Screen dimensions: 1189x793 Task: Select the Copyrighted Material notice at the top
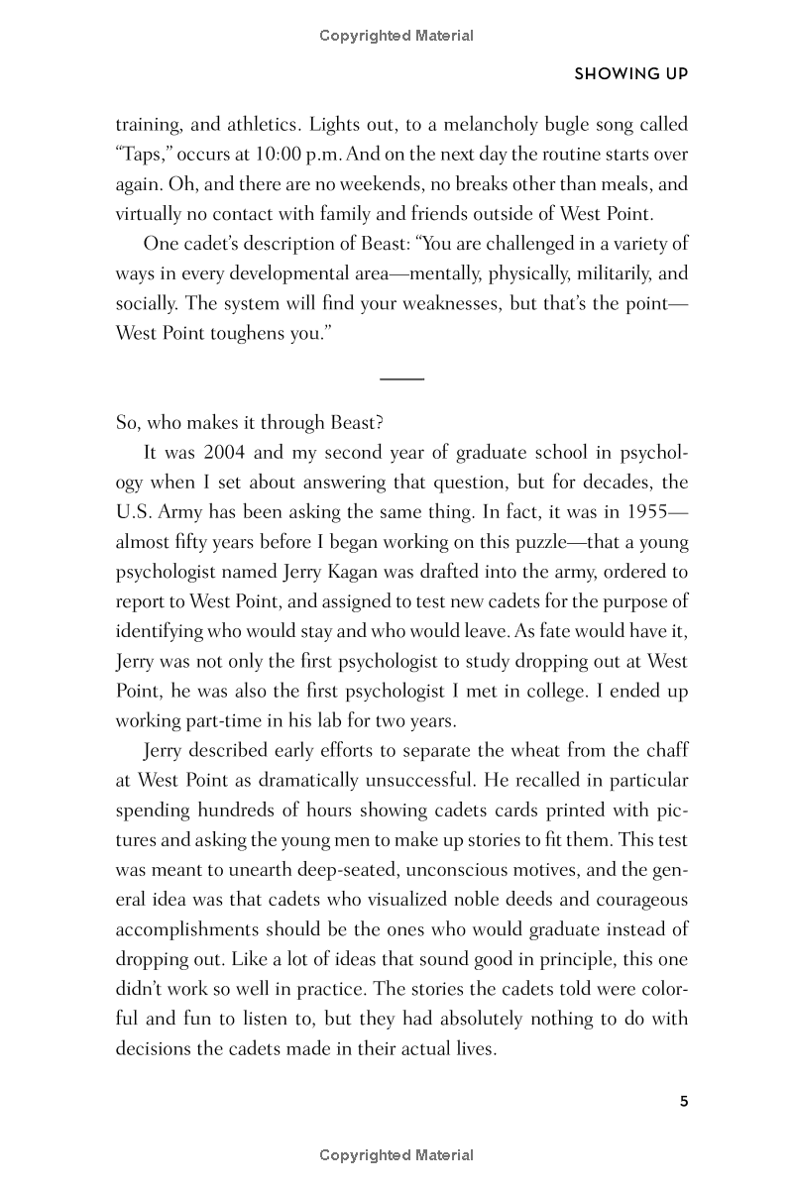tap(396, 36)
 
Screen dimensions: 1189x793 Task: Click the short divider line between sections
tap(401, 378)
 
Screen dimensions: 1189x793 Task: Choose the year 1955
tap(649, 512)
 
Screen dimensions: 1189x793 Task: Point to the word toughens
tap(248, 333)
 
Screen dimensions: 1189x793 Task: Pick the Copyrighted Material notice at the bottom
tap(396, 1155)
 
